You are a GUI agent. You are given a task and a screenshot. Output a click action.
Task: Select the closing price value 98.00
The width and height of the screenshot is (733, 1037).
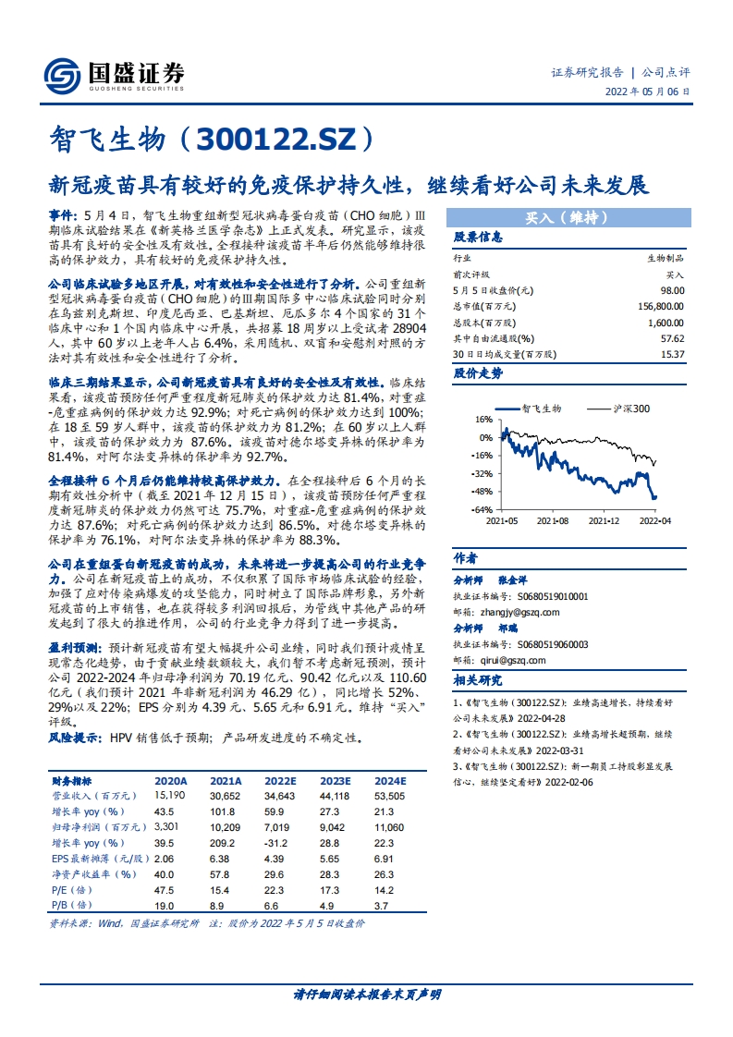coord(673,290)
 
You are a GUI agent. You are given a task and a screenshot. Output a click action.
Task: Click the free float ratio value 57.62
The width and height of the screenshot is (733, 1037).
coord(673,338)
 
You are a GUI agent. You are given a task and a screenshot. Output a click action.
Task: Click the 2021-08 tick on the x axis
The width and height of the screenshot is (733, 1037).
coord(552,521)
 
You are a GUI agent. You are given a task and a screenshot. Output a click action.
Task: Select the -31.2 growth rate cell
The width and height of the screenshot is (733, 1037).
coord(275,843)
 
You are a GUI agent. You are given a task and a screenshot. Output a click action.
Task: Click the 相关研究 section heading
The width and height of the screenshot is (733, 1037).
coord(478,680)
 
